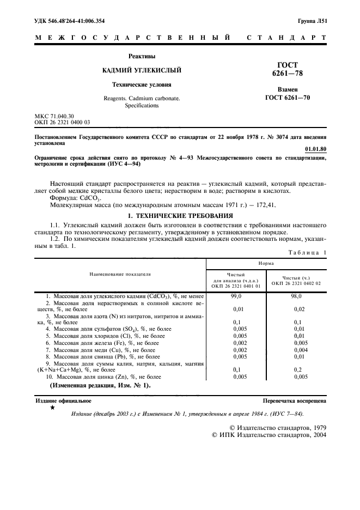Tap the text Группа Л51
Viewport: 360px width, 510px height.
312,20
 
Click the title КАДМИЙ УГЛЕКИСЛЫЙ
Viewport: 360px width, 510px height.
142,70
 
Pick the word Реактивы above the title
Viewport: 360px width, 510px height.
142,56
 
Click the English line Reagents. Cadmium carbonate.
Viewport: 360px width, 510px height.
142,98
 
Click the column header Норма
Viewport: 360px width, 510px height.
266,263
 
